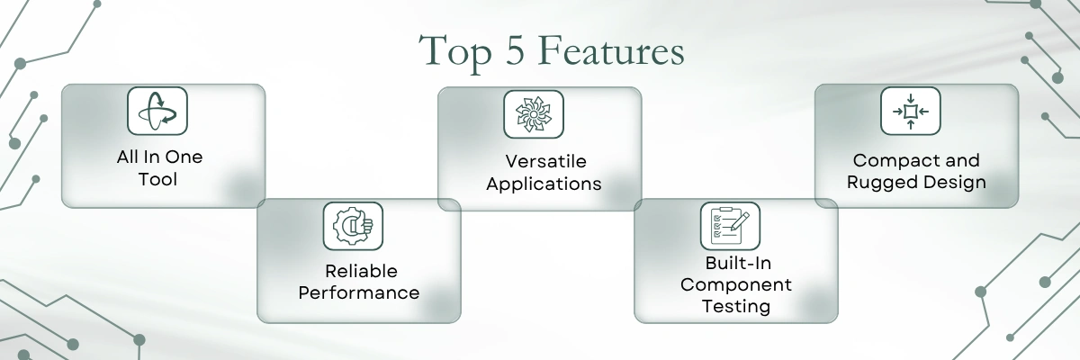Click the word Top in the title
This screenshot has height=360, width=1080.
pyautogui.click(x=454, y=52)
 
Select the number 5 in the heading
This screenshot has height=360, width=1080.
pyautogui.click(x=515, y=50)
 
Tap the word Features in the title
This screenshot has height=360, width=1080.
pyautogui.click(x=611, y=50)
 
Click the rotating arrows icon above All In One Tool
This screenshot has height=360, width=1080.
pyautogui.click(x=157, y=111)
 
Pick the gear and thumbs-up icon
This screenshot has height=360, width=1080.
pyautogui.click(x=353, y=226)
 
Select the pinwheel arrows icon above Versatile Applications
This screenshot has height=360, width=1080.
pyautogui.click(x=534, y=114)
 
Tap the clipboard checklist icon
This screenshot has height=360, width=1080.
pyautogui.click(x=730, y=226)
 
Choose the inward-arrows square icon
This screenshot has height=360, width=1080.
pyautogui.click(x=910, y=111)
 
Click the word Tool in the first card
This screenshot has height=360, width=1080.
pyautogui.click(x=157, y=179)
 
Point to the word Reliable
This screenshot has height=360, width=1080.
pyautogui.click(x=361, y=271)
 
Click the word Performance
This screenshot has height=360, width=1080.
pyautogui.click(x=359, y=292)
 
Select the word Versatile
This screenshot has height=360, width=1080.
pyautogui.click(x=545, y=161)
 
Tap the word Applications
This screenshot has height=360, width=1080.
pyautogui.click(x=544, y=184)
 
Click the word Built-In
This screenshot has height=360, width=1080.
pyautogui.click(x=738, y=263)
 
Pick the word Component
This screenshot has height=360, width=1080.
pyautogui.click(x=736, y=284)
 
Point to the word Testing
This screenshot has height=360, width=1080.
pyautogui.click(x=736, y=307)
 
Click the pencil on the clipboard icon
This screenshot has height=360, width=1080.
pyautogui.click(x=740, y=221)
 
